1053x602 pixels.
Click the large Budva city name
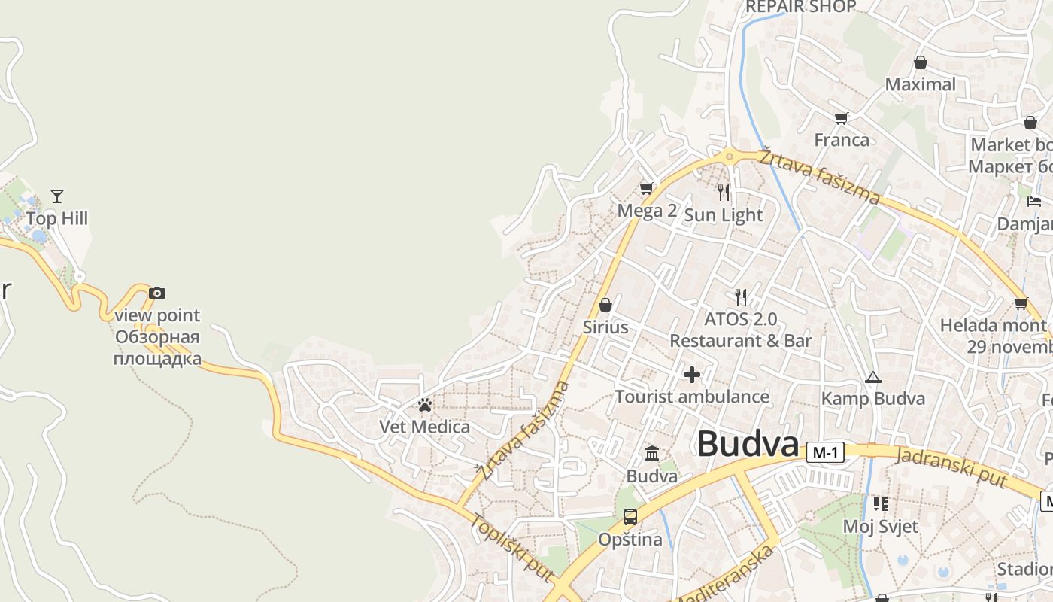pyautogui.click(x=748, y=445)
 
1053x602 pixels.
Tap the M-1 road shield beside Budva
pyautogui.click(x=825, y=452)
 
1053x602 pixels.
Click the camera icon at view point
pyautogui.click(x=156, y=293)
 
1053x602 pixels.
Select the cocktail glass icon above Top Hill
pyautogui.click(x=57, y=196)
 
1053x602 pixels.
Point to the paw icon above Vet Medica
pyautogui.click(x=425, y=405)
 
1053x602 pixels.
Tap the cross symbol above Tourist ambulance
pyautogui.click(x=692, y=374)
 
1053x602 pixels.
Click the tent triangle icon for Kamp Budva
pyautogui.click(x=872, y=376)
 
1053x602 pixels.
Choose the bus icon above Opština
pyautogui.click(x=630, y=517)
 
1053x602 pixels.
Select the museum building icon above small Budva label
pyautogui.click(x=652, y=454)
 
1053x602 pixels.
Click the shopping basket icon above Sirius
pyautogui.click(x=605, y=305)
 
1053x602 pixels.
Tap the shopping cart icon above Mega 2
pyautogui.click(x=646, y=188)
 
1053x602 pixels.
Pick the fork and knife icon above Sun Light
pyautogui.click(x=724, y=192)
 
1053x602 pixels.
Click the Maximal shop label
pyautogui.click(x=920, y=84)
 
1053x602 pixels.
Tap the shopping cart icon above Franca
pyautogui.click(x=841, y=118)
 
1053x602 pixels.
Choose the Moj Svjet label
pyautogui.click(x=880, y=526)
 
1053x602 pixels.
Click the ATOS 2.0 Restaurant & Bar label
pyautogui.click(x=740, y=330)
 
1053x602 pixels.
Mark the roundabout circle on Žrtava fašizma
pyautogui.click(x=729, y=157)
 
